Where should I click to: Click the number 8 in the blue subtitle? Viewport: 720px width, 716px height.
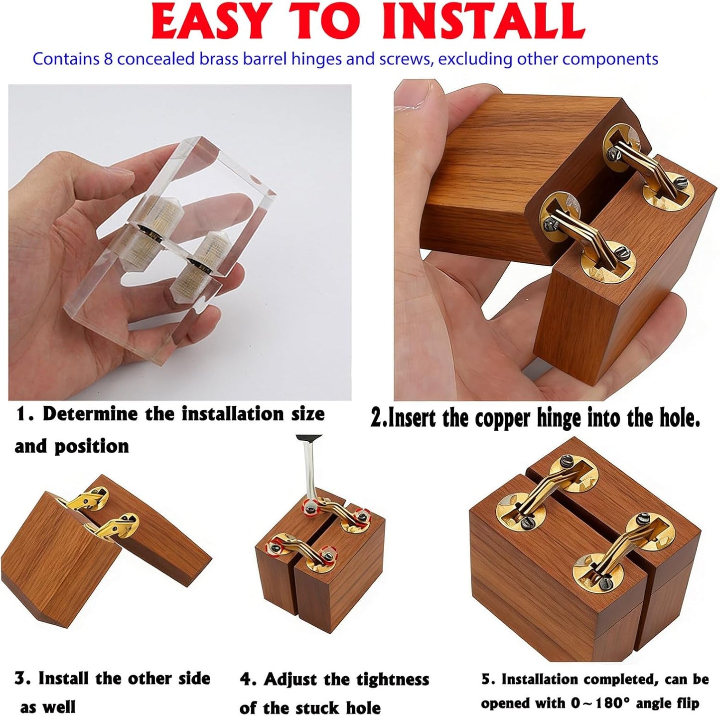coord(108,59)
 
